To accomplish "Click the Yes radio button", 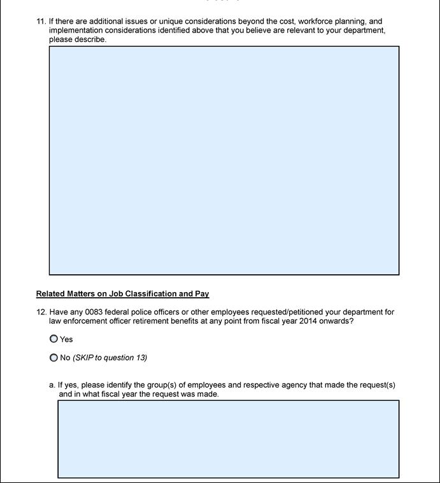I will [x=53, y=339].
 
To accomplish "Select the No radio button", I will [x=53, y=358].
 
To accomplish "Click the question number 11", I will [x=41, y=21].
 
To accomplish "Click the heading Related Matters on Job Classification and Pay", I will [x=122, y=294].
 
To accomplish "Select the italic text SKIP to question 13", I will [x=110, y=358].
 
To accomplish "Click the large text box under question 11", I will [x=224, y=160].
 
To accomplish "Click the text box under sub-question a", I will [x=228, y=439].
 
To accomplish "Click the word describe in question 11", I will [x=90, y=39].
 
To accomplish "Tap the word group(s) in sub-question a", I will [x=155, y=385].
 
